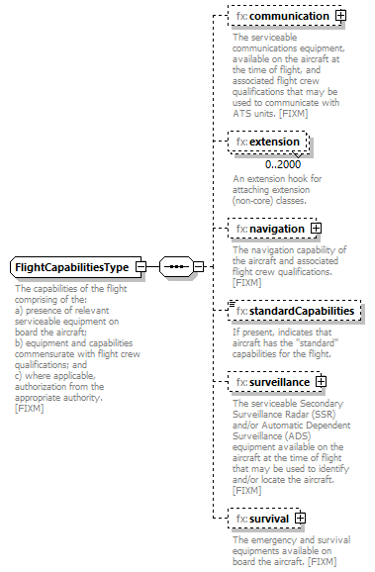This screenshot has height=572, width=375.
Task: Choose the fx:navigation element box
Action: tap(270, 229)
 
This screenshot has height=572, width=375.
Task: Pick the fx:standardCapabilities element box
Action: tap(295, 312)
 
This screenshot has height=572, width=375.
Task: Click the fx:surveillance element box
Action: tap(273, 382)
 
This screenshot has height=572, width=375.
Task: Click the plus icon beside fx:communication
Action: tap(341, 17)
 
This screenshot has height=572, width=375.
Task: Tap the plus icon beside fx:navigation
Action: tap(317, 229)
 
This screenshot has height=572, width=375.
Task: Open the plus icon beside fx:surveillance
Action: tap(322, 382)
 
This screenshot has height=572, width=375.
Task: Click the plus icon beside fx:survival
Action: tap(301, 518)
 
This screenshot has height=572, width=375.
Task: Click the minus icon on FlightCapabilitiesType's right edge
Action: tap(141, 268)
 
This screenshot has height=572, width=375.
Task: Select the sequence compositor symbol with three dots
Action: tap(174, 268)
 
